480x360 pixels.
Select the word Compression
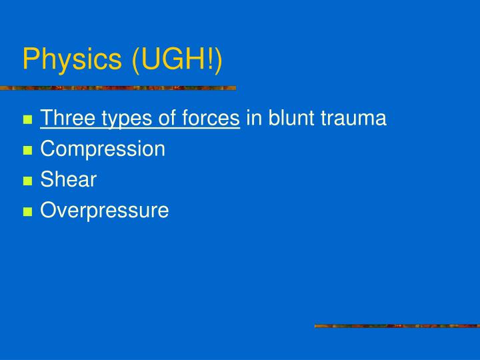(x=103, y=149)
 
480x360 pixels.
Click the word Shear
(x=68, y=179)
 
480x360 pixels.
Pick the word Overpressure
(x=105, y=211)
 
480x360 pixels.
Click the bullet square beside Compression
(x=27, y=151)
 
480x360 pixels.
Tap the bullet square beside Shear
(x=27, y=181)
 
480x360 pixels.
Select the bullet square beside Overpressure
(x=27, y=212)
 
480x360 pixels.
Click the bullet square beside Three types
(x=27, y=120)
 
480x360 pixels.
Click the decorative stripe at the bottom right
(x=397, y=326)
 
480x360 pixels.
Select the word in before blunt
(x=254, y=119)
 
